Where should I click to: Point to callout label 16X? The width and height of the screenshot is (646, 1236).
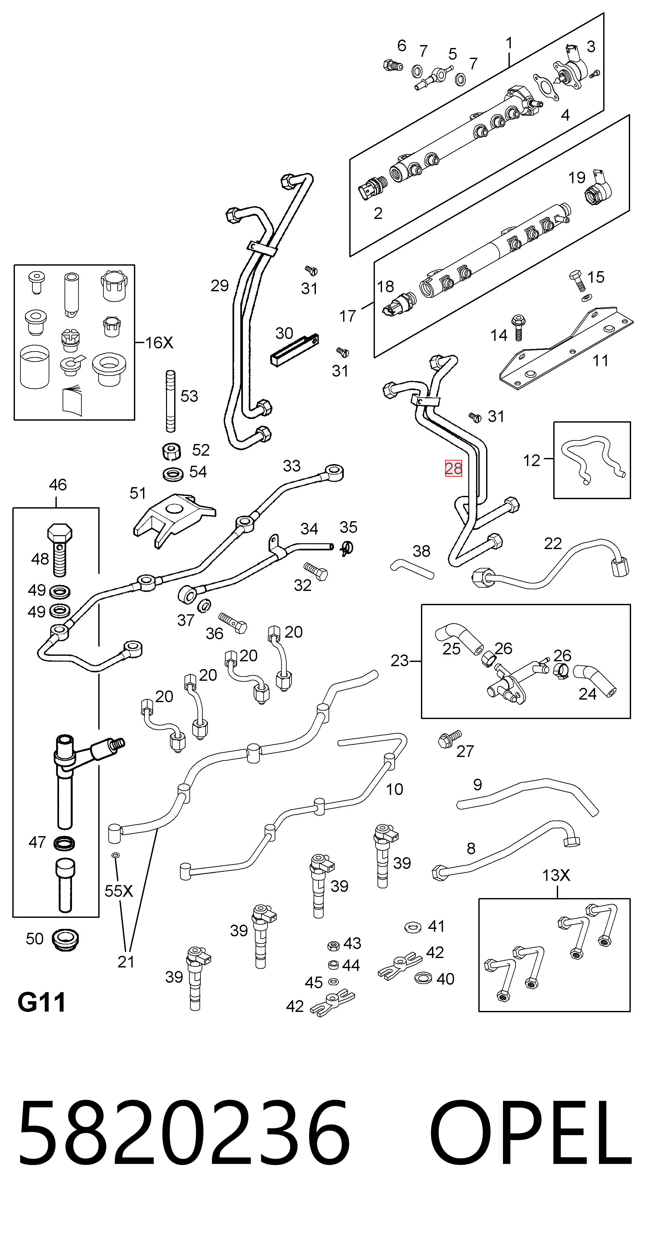point(159,342)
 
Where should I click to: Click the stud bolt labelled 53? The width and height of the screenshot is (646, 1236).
point(170,402)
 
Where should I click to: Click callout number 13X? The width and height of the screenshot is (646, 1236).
point(556,876)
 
